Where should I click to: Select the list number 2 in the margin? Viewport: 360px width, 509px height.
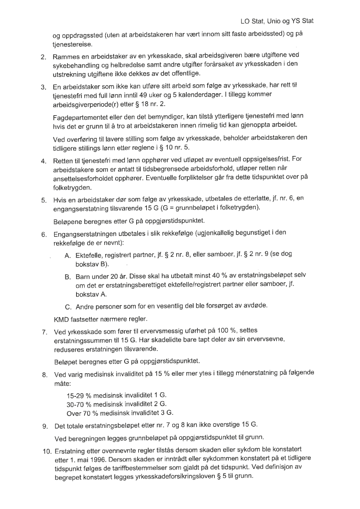[44, 55]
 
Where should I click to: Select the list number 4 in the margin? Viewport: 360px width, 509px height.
[44, 161]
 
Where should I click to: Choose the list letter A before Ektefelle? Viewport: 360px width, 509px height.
[68, 254]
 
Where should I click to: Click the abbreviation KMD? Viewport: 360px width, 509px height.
[62, 319]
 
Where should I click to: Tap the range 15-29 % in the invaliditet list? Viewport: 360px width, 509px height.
[82, 395]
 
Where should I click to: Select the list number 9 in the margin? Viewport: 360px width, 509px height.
[44, 426]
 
